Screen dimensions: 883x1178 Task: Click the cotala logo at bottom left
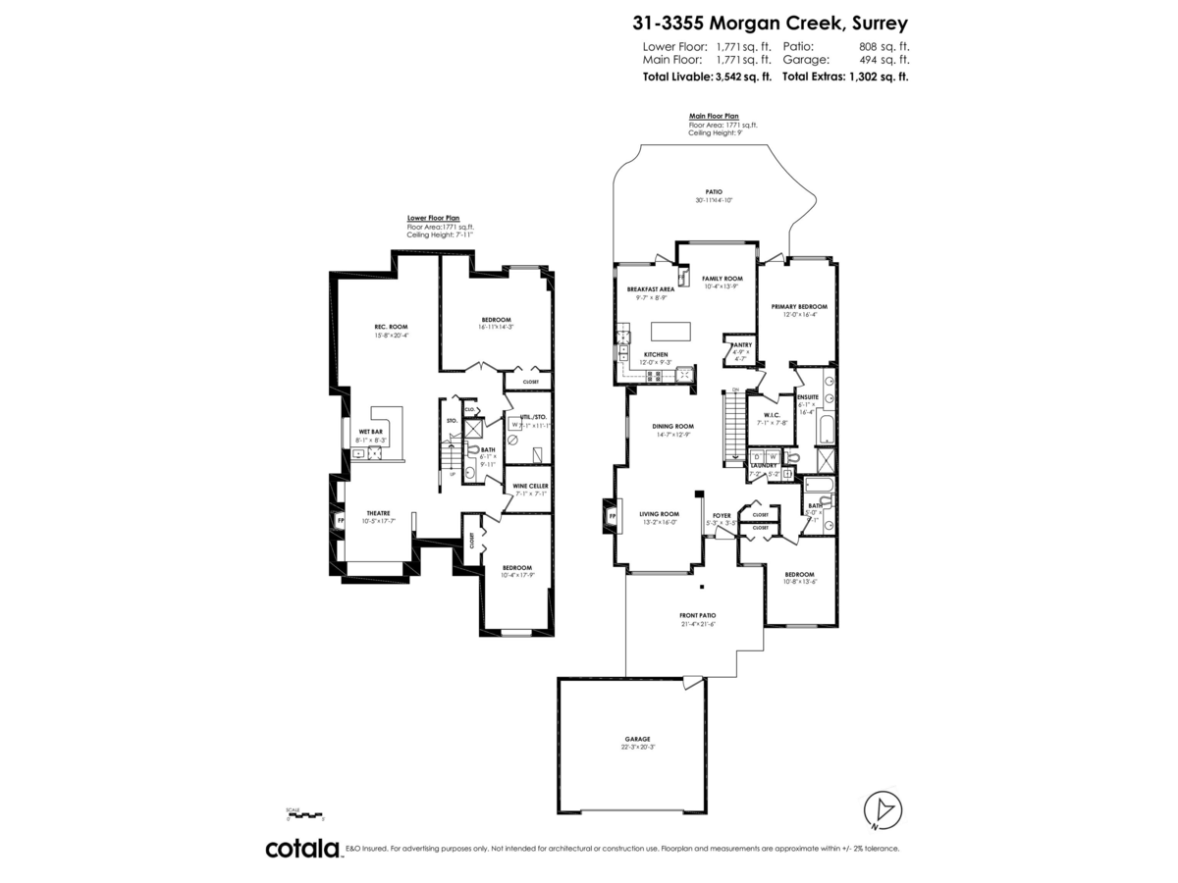[x=302, y=849]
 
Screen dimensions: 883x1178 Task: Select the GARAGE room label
[x=637, y=739]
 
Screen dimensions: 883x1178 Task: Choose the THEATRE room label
[x=379, y=512]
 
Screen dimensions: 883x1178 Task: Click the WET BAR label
[x=370, y=432]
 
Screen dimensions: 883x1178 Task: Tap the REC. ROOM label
[x=391, y=326]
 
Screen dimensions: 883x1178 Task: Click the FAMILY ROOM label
[x=722, y=279]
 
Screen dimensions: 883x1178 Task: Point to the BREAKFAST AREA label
[x=650, y=289]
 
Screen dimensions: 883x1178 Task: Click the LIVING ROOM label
[x=659, y=514]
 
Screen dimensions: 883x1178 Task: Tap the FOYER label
[x=721, y=514]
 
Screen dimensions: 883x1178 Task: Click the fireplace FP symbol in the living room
[x=613, y=516]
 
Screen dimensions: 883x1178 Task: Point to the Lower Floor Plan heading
[x=433, y=218]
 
